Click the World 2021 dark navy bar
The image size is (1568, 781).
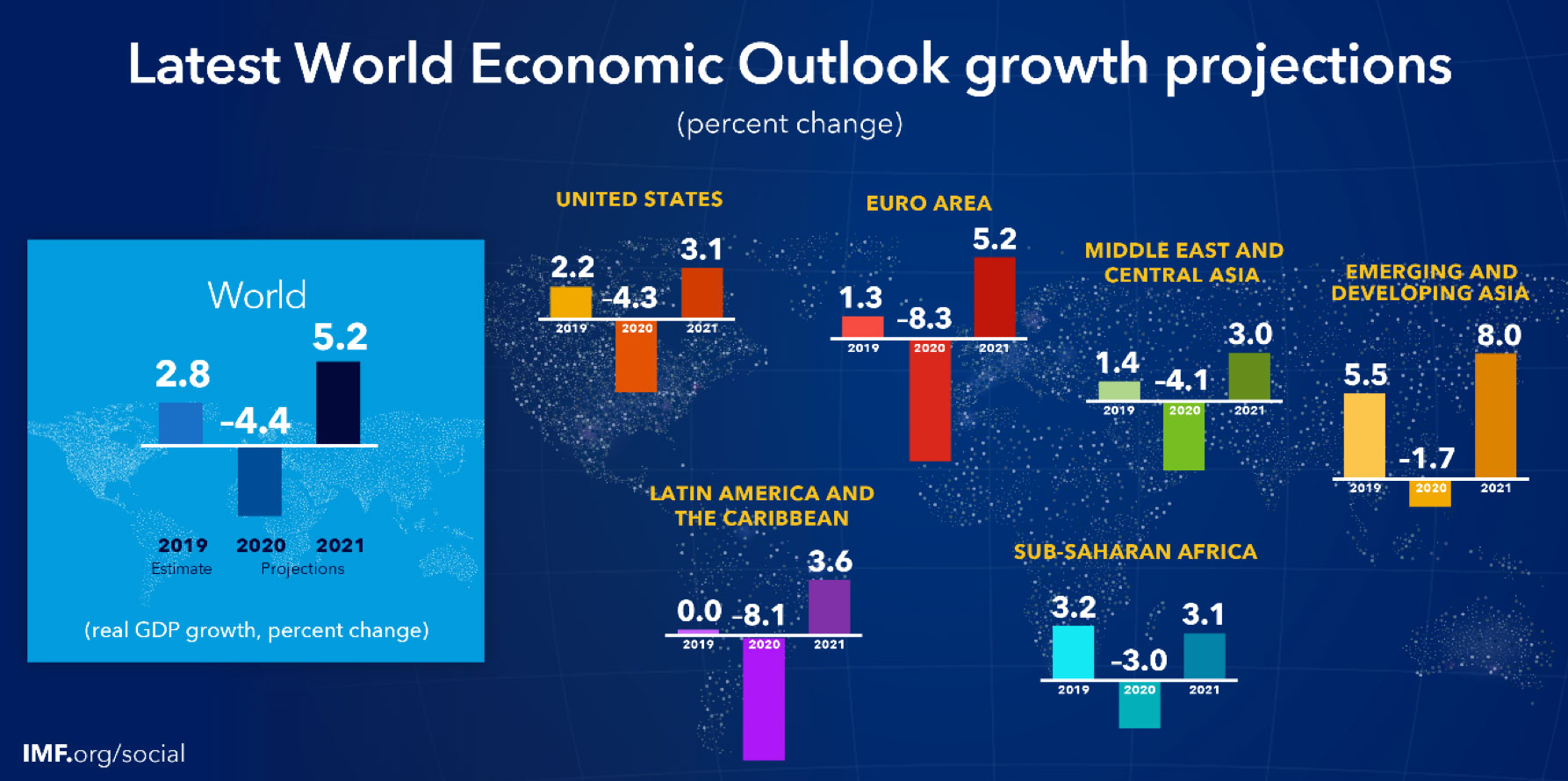338,402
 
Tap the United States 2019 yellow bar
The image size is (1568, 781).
571,302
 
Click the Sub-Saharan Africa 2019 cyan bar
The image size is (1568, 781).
1073,652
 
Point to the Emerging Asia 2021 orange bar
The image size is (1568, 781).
1496,415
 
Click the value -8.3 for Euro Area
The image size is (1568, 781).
924,318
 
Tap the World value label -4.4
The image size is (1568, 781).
255,421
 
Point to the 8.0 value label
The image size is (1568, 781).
1499,335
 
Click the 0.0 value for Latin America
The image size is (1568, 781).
699,610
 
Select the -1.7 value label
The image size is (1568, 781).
1427,458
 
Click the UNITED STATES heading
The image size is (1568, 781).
639,199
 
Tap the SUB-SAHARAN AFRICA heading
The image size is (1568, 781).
1135,552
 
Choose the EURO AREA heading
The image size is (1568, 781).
929,204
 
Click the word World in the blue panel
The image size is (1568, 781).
257,295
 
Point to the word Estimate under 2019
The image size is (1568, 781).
182,569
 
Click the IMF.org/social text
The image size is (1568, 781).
104,754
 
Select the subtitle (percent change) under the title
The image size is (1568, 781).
789,124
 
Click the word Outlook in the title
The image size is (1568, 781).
843,64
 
